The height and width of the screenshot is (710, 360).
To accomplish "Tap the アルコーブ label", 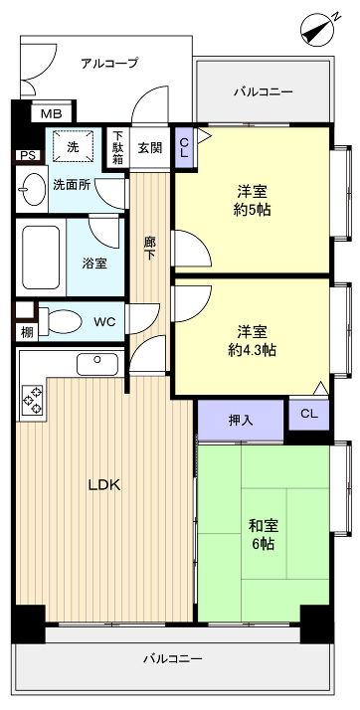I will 108,62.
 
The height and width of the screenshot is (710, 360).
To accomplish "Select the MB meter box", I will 49,113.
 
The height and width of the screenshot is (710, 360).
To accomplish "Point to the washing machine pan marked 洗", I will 73,146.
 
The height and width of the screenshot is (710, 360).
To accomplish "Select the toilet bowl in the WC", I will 61,322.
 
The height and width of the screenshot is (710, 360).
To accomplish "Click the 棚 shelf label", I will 25,332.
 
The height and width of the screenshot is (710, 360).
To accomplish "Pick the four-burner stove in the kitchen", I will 32,399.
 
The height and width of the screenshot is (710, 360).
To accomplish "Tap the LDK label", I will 103,485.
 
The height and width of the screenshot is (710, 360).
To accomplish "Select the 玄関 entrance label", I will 150,147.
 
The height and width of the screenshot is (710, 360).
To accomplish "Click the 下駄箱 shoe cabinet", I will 117,147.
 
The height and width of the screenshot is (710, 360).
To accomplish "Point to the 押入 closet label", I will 240,420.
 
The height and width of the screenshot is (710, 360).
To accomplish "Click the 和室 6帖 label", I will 263,534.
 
